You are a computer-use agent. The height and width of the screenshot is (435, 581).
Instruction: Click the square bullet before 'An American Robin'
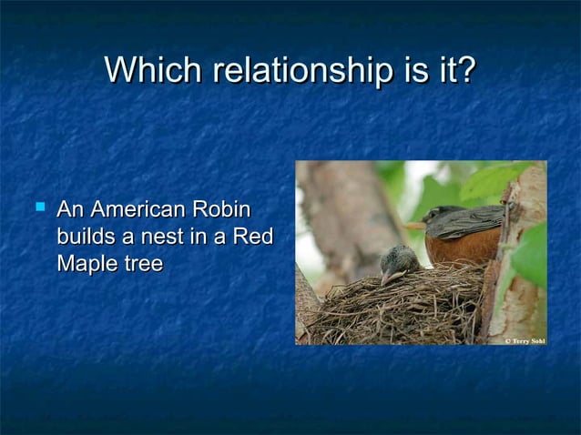coord(37,210)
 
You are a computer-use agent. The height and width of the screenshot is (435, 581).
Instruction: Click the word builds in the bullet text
coord(84,238)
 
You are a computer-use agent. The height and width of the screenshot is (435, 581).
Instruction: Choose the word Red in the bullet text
coord(252,238)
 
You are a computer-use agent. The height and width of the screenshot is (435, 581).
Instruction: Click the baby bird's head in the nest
coord(401,259)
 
